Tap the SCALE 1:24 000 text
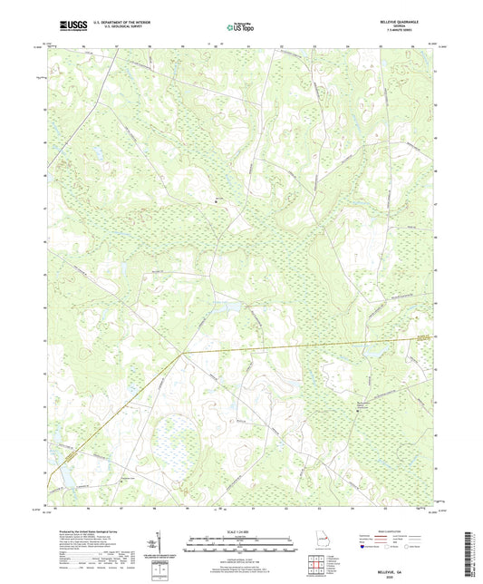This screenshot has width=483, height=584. (x=241, y=530)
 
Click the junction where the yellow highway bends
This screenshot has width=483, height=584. (x=182, y=351)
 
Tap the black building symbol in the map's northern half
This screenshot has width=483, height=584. (x=216, y=200)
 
